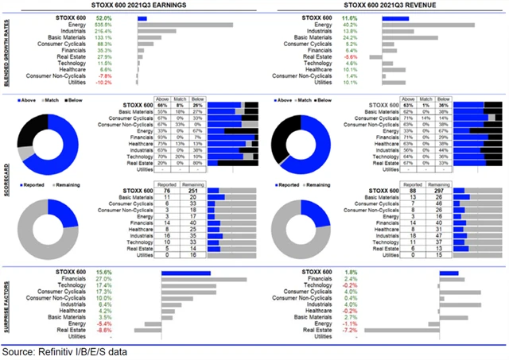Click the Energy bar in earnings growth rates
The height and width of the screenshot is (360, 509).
(185, 25)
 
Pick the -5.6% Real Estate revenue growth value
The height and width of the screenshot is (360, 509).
(350, 57)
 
